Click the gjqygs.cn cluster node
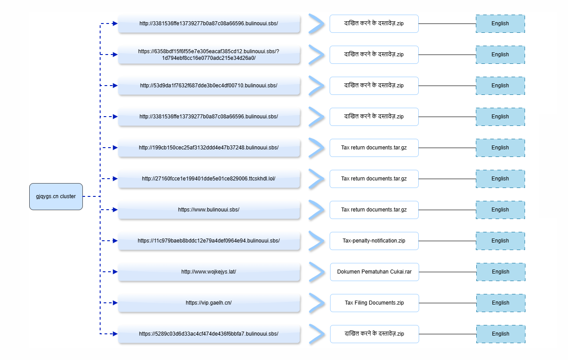pos(56,196)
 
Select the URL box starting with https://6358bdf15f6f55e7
pos(209,55)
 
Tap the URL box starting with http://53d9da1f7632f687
pos(209,86)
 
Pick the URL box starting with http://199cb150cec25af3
pos(209,148)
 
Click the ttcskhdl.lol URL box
pos(209,179)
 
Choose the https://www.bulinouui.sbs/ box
pos(209,210)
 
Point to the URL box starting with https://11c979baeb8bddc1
pos(209,241)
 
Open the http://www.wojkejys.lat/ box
pos(209,272)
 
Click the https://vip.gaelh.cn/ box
pos(209,303)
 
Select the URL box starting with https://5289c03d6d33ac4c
pos(209,334)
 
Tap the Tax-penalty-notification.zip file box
pos(374,241)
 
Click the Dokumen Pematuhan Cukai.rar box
pos(374,272)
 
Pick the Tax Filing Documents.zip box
pos(374,303)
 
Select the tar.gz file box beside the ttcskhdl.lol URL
pos(374,179)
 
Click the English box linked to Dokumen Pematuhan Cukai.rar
pos(501,272)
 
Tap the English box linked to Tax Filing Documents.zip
pos(501,303)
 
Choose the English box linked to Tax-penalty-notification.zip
pos(500,241)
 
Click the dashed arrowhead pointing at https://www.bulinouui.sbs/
pos(115,210)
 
